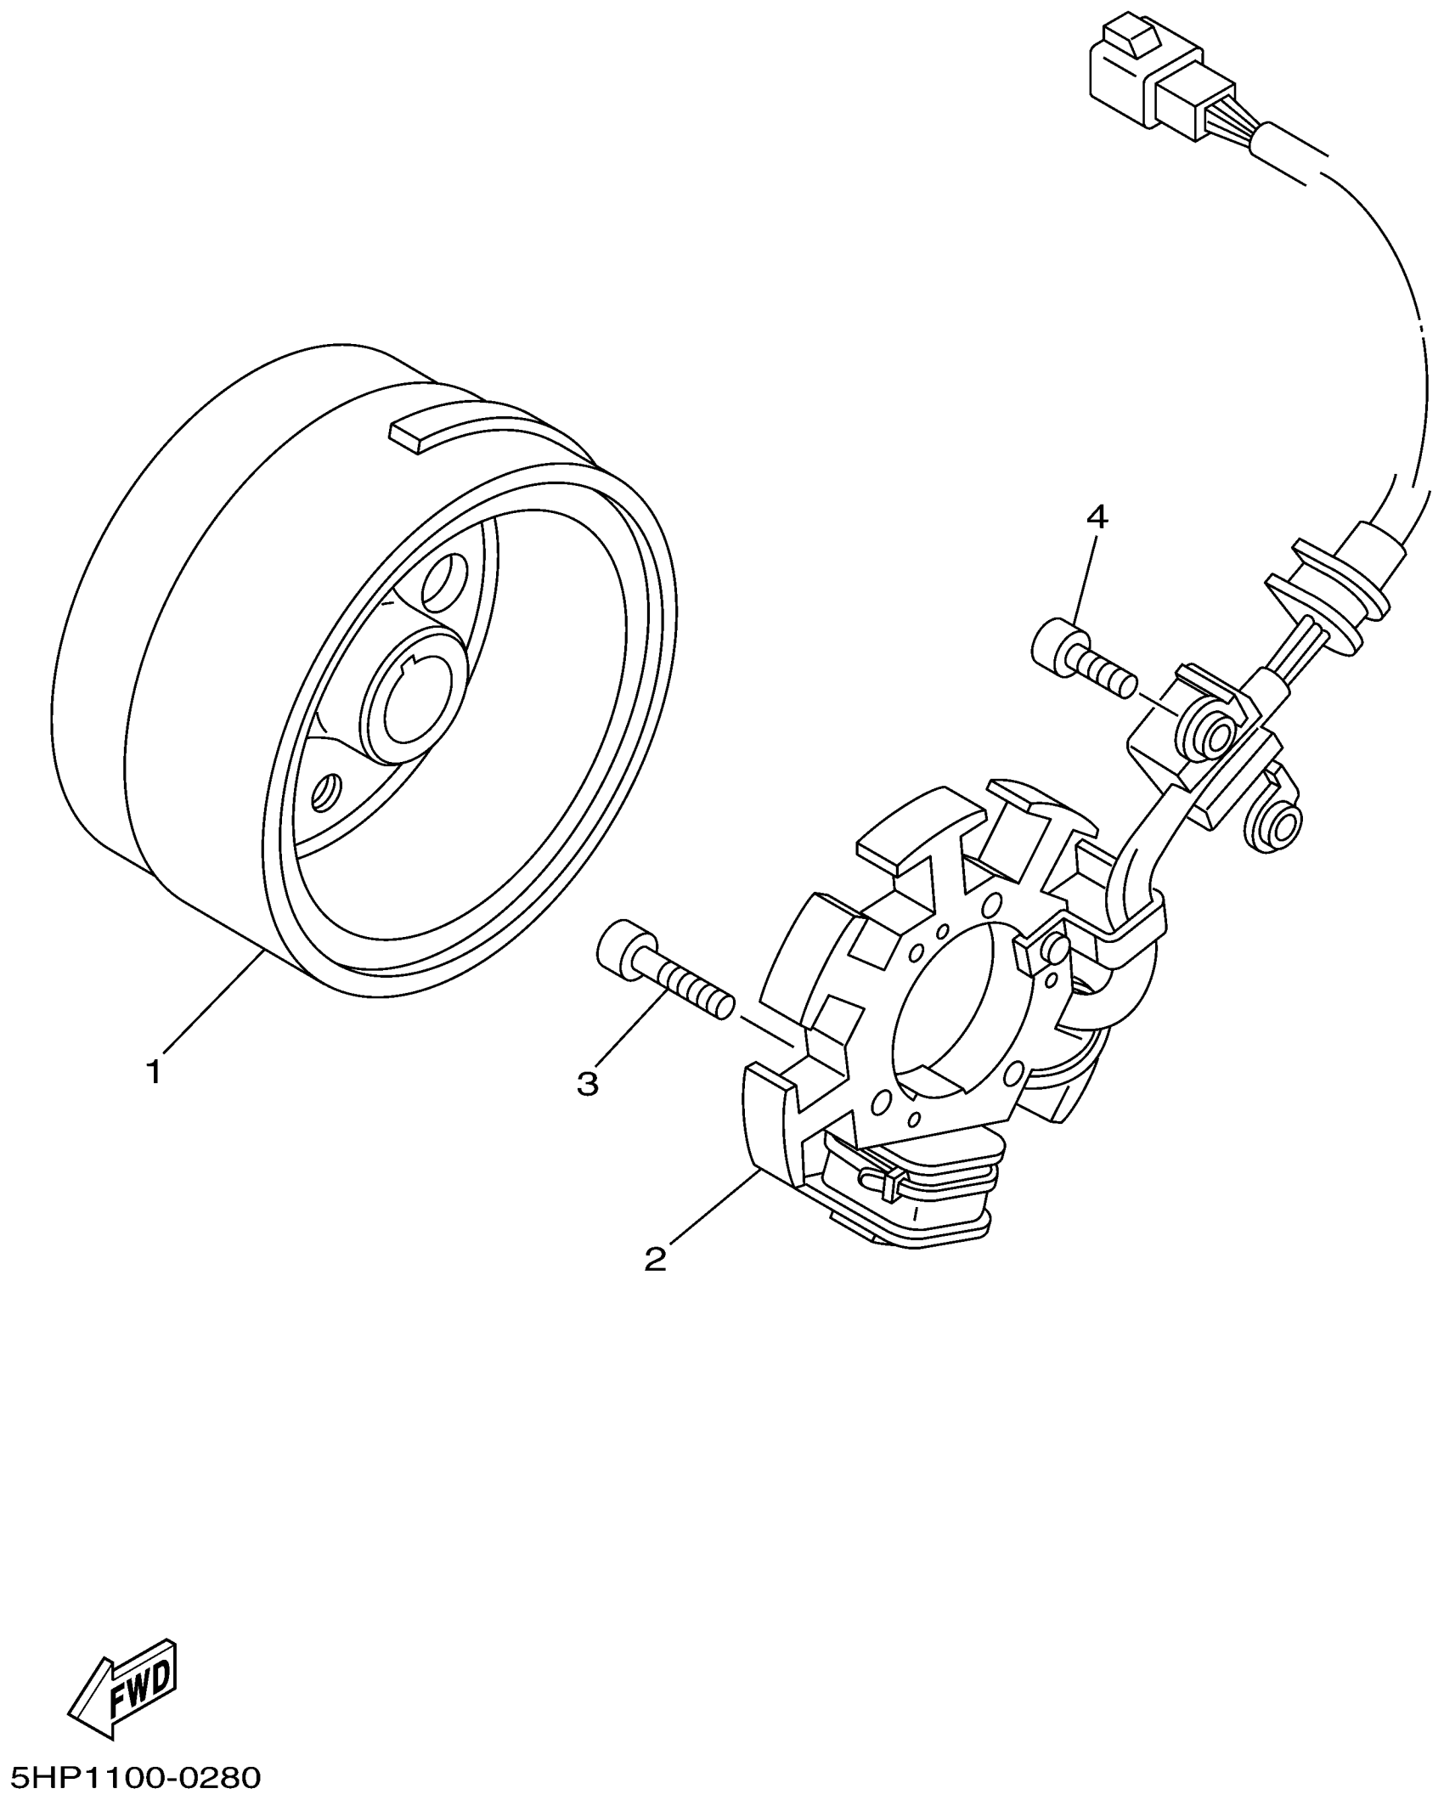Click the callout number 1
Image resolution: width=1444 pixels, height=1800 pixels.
click(154, 1072)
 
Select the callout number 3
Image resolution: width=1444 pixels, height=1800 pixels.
click(588, 1083)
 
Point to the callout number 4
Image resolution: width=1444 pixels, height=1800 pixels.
click(1097, 516)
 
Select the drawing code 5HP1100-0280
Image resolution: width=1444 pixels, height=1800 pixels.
click(131, 1774)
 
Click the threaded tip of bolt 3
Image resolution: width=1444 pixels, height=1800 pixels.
click(722, 1006)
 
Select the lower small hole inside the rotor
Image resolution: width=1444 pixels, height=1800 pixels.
click(325, 792)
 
